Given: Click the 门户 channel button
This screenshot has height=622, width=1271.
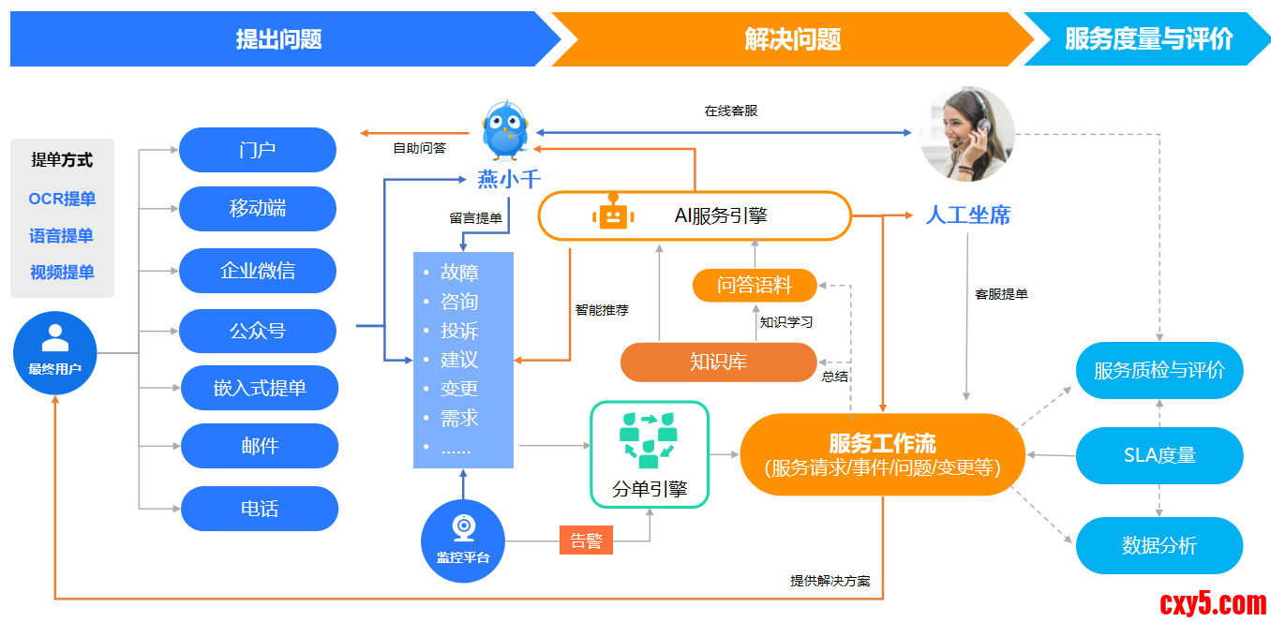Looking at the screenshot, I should [257, 150].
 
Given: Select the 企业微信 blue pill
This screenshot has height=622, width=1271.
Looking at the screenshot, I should [257, 271].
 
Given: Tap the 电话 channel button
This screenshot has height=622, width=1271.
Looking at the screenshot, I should [259, 509].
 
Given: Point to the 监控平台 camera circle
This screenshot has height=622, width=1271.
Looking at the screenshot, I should [463, 541].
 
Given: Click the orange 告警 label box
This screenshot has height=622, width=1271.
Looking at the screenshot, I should [586, 541].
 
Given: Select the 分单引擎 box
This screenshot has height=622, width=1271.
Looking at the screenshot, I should [649, 454].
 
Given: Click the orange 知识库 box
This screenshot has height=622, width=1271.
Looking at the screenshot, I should [718, 362].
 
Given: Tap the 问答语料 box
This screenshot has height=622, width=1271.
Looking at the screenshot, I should [755, 285].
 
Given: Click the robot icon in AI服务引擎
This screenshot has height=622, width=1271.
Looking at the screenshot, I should [613, 215].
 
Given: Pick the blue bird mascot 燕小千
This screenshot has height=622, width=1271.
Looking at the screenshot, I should [505, 131].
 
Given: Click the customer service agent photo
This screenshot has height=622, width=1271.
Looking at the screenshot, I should [967, 134].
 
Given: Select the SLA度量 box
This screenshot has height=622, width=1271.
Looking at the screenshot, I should [1159, 456].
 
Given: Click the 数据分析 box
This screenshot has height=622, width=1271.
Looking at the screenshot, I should [1159, 545].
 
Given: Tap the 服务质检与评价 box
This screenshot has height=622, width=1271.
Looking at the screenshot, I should [1159, 370].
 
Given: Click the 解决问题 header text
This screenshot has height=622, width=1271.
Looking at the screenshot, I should [792, 39].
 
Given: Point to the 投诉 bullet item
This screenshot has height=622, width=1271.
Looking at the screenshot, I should [459, 331].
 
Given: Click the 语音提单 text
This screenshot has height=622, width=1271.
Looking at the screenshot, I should [62, 236].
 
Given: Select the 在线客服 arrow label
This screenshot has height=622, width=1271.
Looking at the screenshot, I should [730, 111].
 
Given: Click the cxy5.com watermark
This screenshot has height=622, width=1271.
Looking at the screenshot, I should [1213, 602].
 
